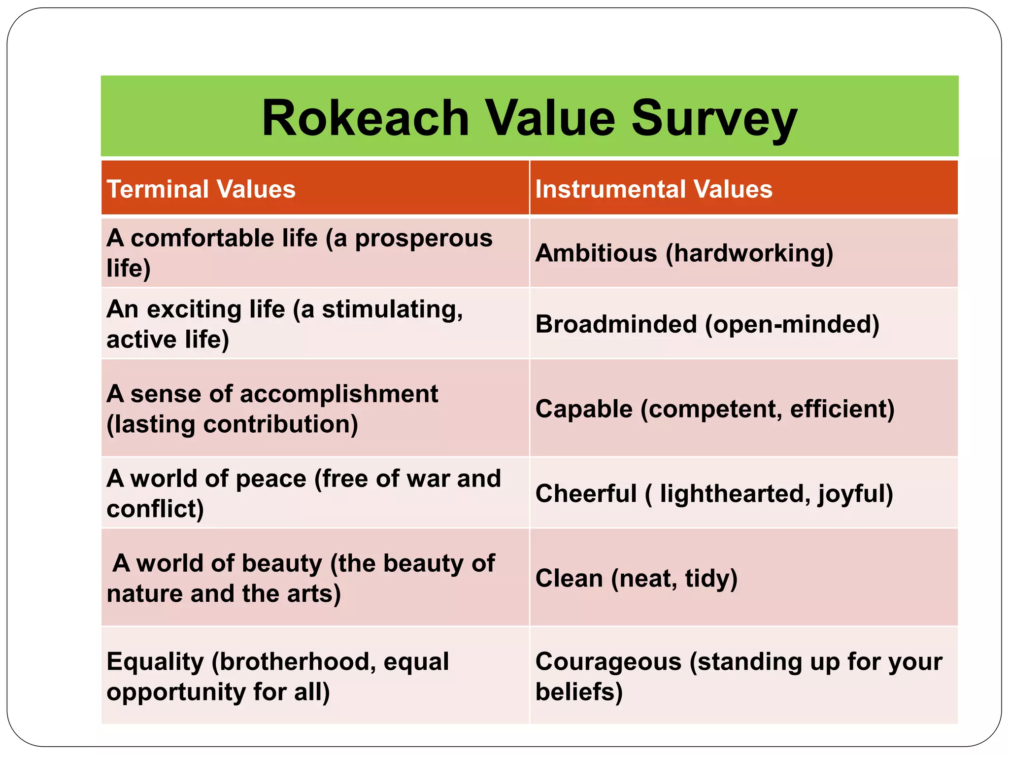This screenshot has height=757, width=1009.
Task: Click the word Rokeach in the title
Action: coord(365,118)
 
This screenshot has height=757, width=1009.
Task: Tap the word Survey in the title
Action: coord(714,118)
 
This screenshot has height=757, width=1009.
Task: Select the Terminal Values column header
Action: coord(201,189)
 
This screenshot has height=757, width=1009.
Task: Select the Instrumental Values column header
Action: coord(653,189)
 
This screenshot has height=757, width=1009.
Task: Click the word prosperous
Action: coord(423,239)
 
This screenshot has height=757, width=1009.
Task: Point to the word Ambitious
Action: coord(596,253)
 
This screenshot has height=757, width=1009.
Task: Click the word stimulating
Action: coord(392,310)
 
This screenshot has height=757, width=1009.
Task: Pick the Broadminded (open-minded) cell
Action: coord(707,324)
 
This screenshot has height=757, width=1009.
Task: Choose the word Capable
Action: coord(584,409)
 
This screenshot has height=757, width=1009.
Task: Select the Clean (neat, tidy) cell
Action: coord(636,579)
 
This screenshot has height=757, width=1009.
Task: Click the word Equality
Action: coord(155,662)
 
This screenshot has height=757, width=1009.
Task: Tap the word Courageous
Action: coord(608,662)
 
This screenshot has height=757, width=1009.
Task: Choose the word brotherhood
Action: coord(294,662)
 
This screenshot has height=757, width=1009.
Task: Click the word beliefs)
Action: coord(579,692)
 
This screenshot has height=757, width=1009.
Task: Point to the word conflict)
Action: coord(155,509)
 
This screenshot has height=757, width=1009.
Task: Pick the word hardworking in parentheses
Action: coord(749,253)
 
